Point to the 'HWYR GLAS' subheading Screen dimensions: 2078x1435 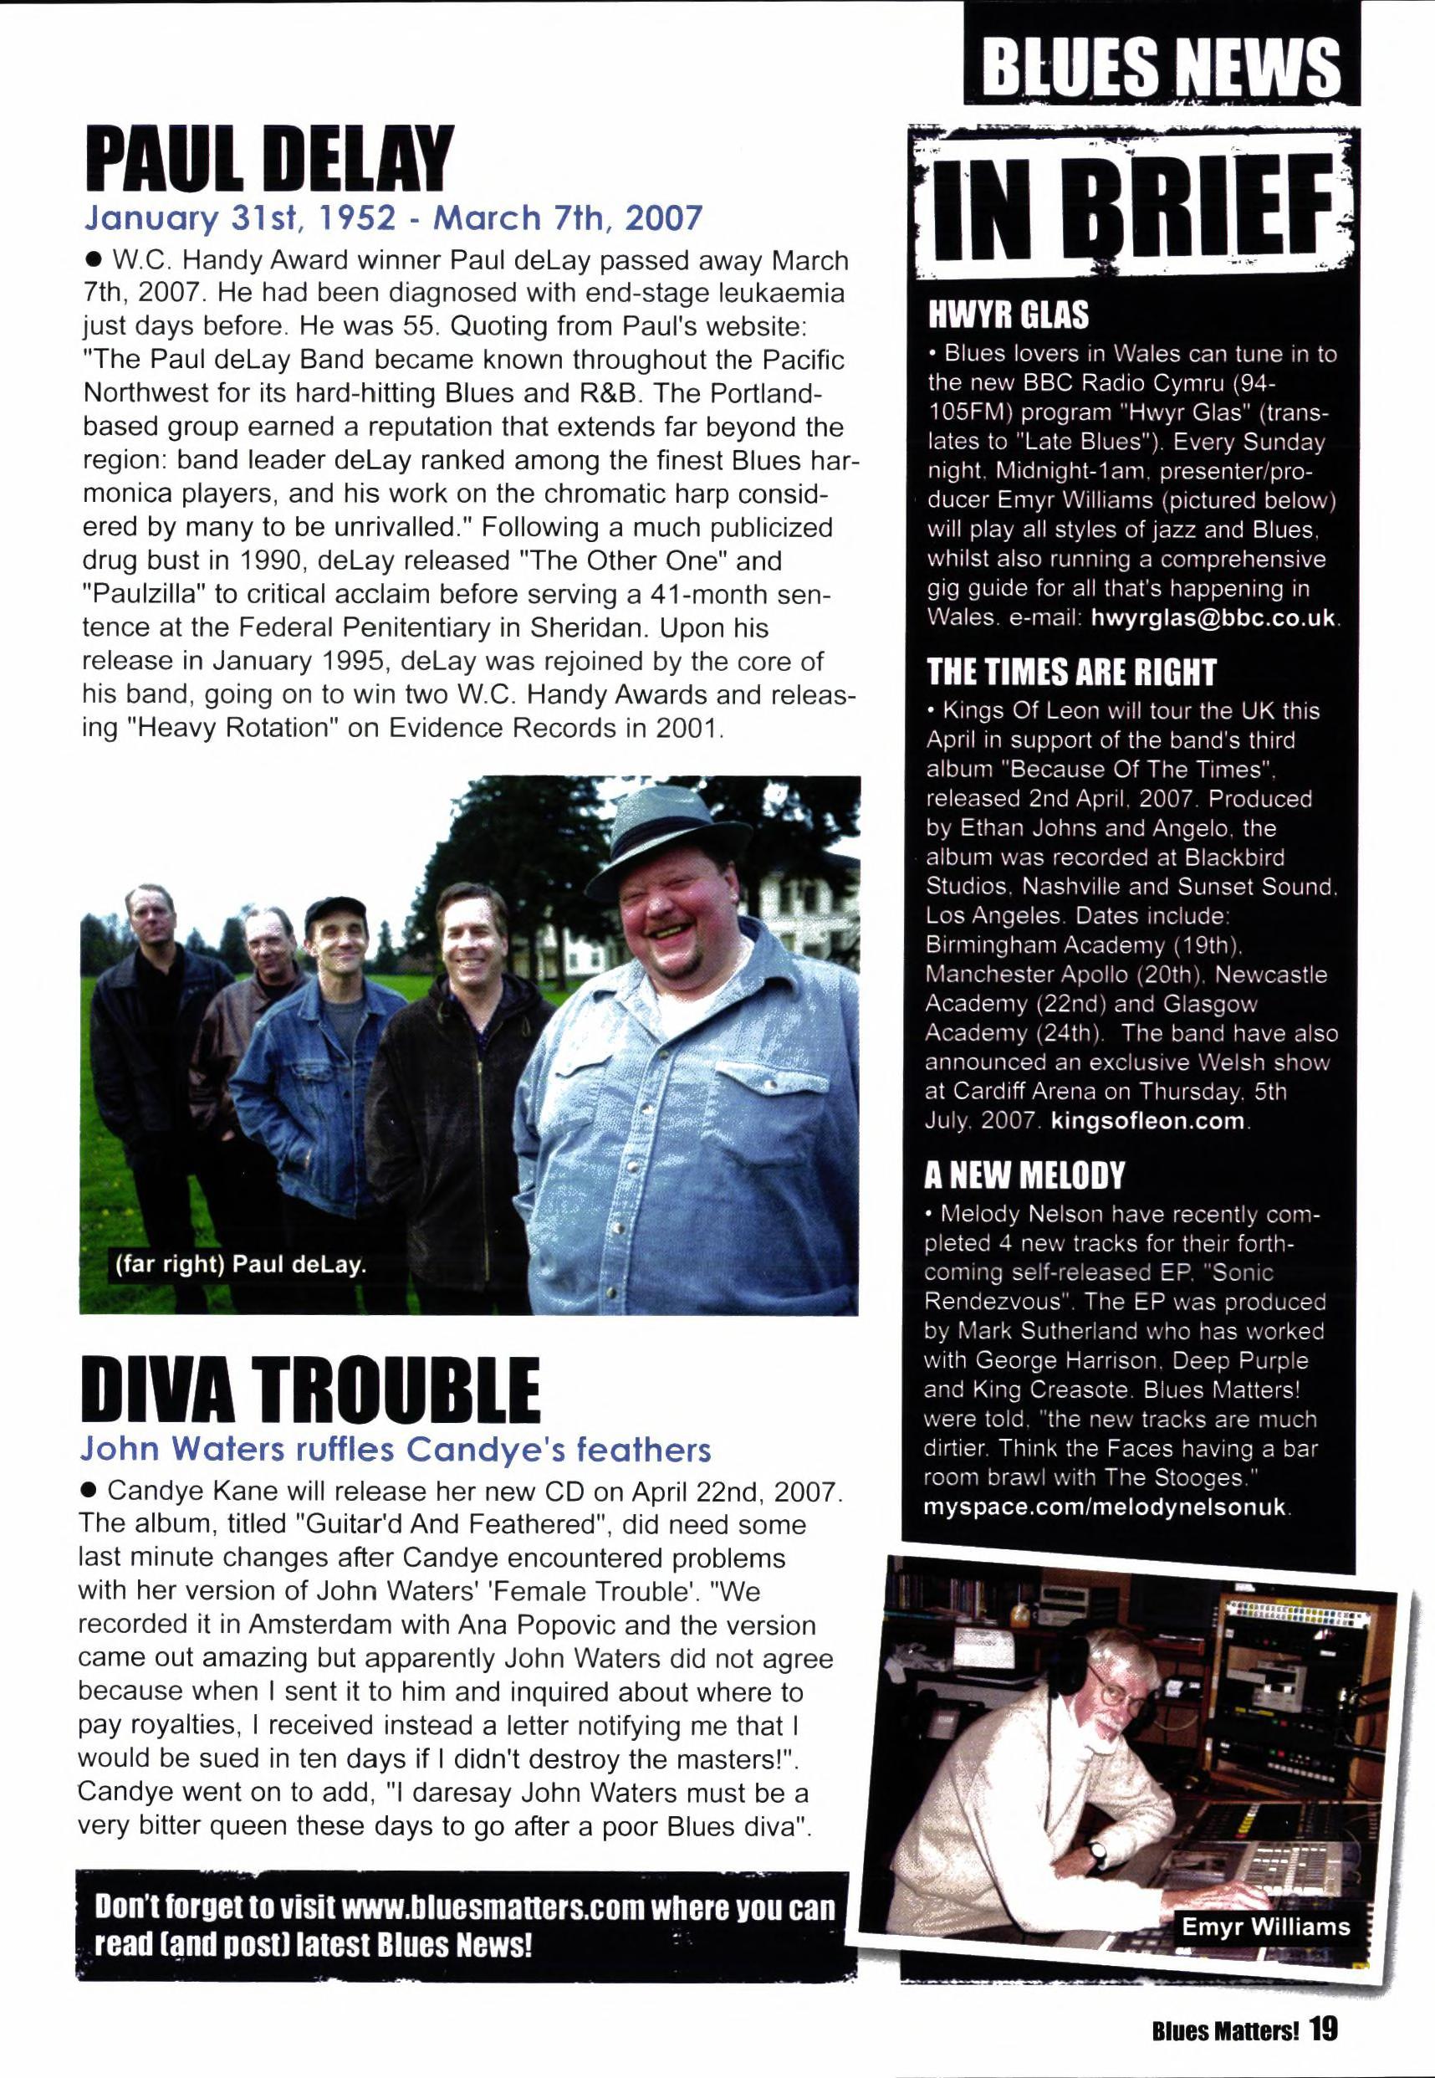tap(1008, 315)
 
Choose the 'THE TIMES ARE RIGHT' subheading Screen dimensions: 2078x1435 tap(1071, 672)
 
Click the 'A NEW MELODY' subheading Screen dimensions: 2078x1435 tap(1025, 1175)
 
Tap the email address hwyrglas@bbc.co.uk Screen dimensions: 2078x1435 tap(1215, 619)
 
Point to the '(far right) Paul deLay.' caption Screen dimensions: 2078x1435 tap(241, 1265)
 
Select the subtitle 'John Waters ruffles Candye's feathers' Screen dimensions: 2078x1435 tap(396, 1450)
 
